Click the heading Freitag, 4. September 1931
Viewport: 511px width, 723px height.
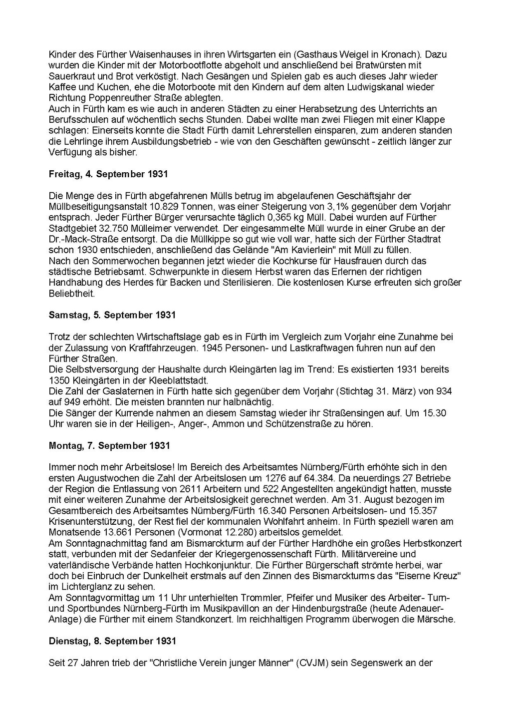[108, 174]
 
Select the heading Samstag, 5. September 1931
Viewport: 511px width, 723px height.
[112, 315]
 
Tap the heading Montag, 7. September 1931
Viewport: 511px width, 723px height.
[109, 445]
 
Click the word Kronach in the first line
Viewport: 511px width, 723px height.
[402, 54]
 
